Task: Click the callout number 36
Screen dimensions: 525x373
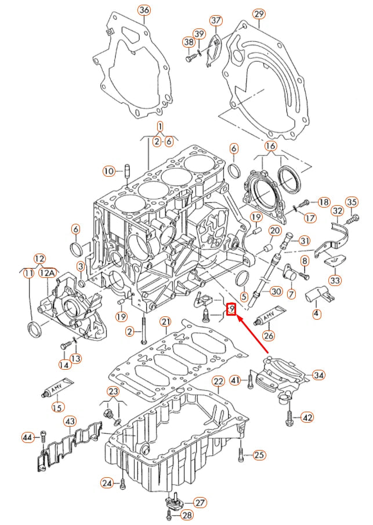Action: [x=144, y=10]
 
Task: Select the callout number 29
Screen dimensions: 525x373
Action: [x=259, y=13]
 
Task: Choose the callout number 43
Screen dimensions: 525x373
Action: [x=69, y=420]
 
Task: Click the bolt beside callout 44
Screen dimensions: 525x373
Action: [x=43, y=437]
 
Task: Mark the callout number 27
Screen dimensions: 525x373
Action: [x=200, y=502]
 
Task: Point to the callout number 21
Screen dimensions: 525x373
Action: [x=166, y=322]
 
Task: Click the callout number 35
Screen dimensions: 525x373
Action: [x=352, y=202]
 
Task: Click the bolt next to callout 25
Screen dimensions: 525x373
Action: [x=240, y=454]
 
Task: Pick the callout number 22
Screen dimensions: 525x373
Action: [x=218, y=381]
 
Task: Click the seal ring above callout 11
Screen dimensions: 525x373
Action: [x=36, y=329]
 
